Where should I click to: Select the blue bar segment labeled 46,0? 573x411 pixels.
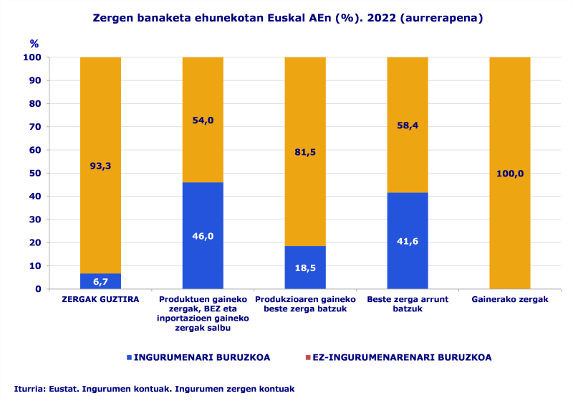coord(203,235)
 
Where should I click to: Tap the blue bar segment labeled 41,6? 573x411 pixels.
coord(408,240)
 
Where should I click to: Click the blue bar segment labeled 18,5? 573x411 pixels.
coord(305,267)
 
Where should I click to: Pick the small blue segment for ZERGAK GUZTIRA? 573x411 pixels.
coord(100,281)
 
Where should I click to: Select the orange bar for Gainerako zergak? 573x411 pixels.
coord(510,172)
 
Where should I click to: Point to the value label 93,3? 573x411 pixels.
coord(100,166)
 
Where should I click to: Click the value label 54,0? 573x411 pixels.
coord(203,120)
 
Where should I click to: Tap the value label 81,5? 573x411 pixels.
coord(305,151)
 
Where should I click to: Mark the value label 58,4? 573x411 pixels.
coord(408,125)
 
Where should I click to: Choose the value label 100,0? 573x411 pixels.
coord(510,173)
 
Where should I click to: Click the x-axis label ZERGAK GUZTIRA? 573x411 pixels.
coord(100,299)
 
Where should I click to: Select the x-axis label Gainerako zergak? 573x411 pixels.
coord(510,299)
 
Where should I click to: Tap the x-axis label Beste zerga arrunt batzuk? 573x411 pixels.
coord(408,303)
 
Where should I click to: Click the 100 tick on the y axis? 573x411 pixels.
coord(33,57)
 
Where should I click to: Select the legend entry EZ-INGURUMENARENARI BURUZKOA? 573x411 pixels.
coord(398,357)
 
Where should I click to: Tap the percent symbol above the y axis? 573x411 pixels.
coord(34,44)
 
